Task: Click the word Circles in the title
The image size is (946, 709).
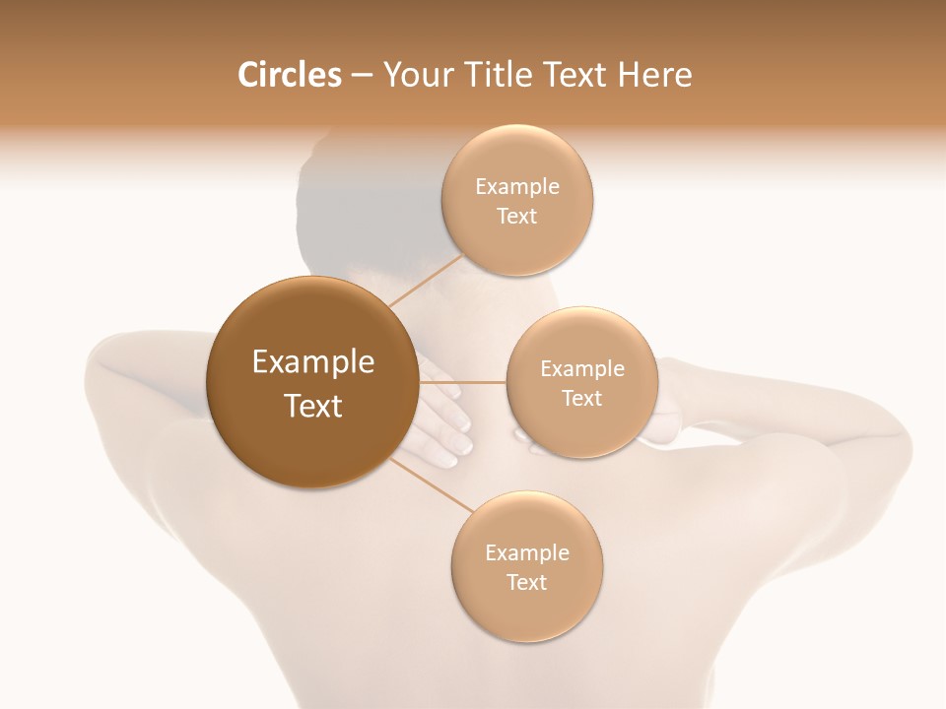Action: click(290, 75)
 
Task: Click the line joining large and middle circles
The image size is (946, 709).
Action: click(463, 382)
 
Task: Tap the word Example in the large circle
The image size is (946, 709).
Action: click(313, 362)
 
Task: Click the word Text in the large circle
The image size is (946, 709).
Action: click(313, 406)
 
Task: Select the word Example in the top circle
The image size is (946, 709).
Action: click(517, 187)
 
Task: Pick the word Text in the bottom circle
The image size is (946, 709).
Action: click(526, 583)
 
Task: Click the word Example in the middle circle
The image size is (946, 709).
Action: click(581, 369)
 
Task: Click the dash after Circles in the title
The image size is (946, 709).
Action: click(361, 76)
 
